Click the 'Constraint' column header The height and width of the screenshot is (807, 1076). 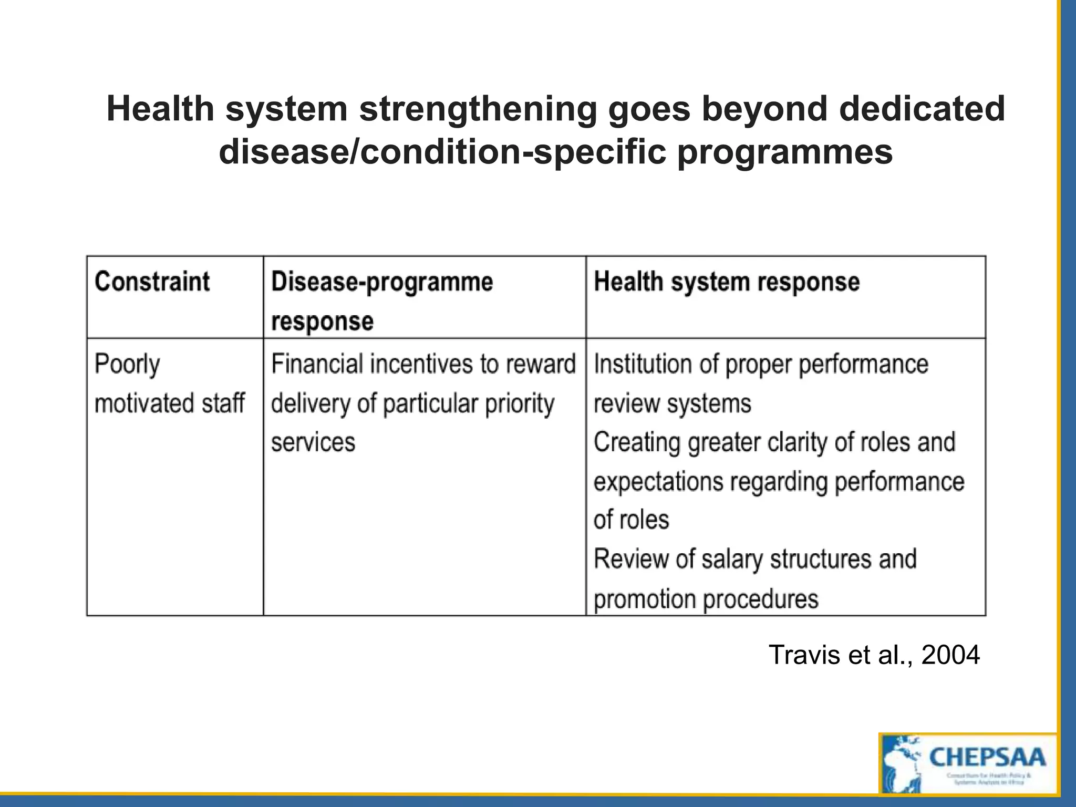click(x=152, y=282)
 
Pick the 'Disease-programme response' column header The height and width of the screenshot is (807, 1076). click(x=382, y=301)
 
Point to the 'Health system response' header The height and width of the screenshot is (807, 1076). click(x=727, y=282)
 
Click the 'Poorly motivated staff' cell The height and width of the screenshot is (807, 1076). click(x=169, y=384)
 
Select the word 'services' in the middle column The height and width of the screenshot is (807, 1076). click(x=313, y=442)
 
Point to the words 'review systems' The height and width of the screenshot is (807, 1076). click(x=672, y=403)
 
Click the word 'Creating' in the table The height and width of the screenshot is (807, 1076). click(x=637, y=442)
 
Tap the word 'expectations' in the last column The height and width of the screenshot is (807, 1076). click(x=658, y=481)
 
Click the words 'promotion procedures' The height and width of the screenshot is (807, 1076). click(x=706, y=599)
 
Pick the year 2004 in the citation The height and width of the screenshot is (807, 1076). click(x=950, y=655)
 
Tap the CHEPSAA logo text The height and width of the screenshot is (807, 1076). click(x=987, y=757)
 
